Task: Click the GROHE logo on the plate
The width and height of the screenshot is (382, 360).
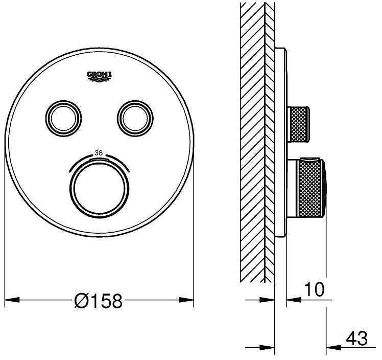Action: [x=100, y=76]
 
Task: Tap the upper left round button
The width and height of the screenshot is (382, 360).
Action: [x=63, y=118]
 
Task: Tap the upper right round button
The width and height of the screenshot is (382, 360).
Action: [x=135, y=118]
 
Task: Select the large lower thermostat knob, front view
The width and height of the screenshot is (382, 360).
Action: [x=100, y=188]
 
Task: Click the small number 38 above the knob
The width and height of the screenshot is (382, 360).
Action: [x=99, y=153]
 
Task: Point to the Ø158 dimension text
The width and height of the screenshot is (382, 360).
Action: [x=98, y=301]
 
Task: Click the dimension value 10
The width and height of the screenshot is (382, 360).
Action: [x=314, y=289]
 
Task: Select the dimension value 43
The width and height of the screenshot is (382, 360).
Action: [x=356, y=339]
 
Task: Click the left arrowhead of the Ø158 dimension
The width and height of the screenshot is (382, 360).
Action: [x=12, y=300]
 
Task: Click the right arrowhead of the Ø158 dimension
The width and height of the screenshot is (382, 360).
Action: [x=186, y=300]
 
